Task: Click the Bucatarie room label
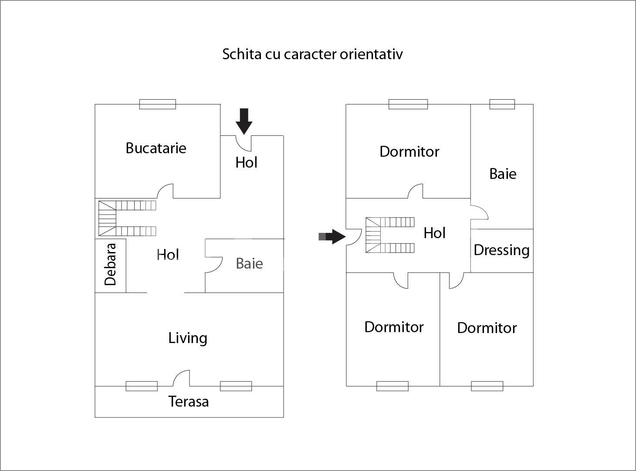tap(156, 148)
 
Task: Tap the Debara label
tap(111, 264)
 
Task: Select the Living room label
tap(188, 338)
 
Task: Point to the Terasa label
tap(189, 401)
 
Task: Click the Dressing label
tap(501, 250)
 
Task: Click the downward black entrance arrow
tap(244, 121)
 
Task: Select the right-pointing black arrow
tap(333, 236)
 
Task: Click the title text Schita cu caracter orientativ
tap(312, 54)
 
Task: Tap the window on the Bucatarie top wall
tap(158, 104)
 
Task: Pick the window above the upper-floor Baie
tap(502, 104)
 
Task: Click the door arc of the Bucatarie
tap(166, 191)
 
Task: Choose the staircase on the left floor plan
tap(127, 218)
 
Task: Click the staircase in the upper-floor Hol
tap(389, 235)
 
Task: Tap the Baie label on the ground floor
tap(249, 264)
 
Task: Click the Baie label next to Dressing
tap(503, 174)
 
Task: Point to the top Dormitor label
tap(409, 151)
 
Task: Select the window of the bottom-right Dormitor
tap(487, 386)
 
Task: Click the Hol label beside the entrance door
tap(246, 162)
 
